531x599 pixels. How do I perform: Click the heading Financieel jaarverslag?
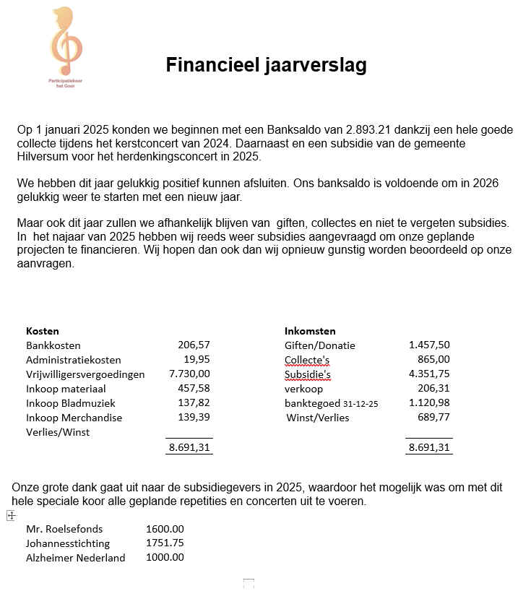coord(266,65)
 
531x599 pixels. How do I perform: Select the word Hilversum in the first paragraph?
coord(42,157)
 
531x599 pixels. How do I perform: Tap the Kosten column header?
coord(42,331)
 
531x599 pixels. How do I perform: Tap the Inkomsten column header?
coord(310,331)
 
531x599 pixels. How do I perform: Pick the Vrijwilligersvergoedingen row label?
coord(85,374)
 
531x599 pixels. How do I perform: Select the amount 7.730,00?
coord(189,374)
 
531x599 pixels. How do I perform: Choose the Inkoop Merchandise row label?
coord(74,418)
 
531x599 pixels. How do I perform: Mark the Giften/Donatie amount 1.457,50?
coord(429,345)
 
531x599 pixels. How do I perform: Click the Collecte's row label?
coord(307,360)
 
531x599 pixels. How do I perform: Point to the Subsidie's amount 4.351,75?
coord(429,374)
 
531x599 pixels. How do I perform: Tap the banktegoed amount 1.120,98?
coord(429,403)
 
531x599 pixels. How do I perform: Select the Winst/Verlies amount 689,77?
coord(433,418)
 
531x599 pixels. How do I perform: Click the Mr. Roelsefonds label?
coord(64,529)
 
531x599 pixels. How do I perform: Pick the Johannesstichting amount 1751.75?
coord(165,543)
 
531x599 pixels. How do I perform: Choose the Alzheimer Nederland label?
coord(75,558)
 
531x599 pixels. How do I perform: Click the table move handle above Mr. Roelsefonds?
coord(11,516)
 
